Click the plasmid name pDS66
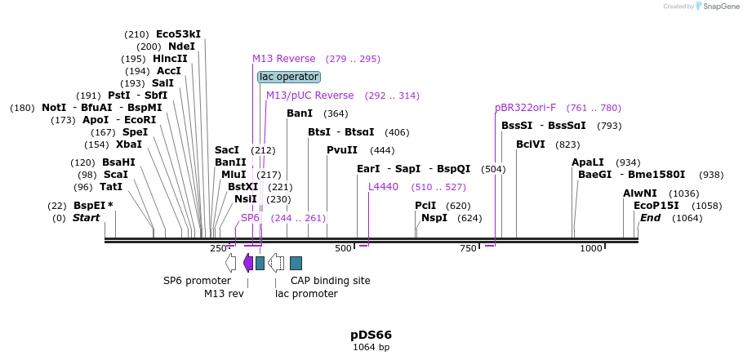tap(371, 335)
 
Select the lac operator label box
tap(289, 77)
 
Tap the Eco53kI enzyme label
tap(178, 34)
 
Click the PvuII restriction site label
tap(342, 150)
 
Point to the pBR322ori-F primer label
tap(525, 108)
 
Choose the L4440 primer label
tap(383, 187)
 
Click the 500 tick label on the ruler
tap(343, 248)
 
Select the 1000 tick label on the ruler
tap(590, 248)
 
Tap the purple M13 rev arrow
tap(248, 263)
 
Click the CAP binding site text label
tap(330, 281)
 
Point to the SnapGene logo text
tap(718, 7)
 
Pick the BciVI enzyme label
tap(531, 144)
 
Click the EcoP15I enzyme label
tap(656, 206)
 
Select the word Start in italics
tap(86, 218)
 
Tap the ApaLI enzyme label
tap(588, 162)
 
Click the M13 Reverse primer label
tap(283, 59)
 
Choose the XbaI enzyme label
tap(129, 144)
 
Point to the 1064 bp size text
tap(371, 348)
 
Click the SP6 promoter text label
tap(197, 281)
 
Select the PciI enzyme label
tap(425, 206)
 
